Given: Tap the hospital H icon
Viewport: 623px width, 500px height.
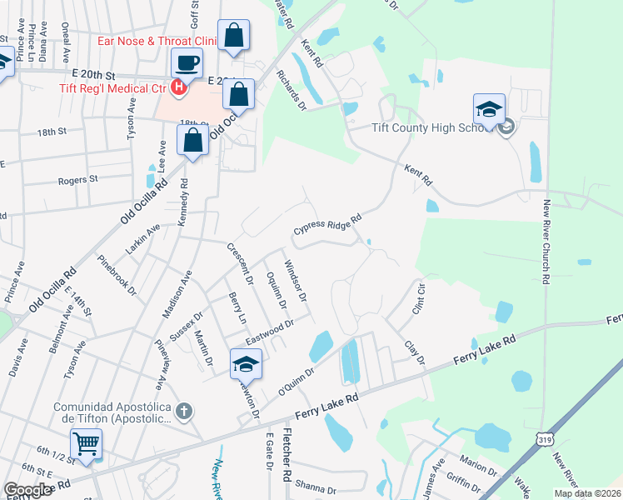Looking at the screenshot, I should click(x=178, y=87).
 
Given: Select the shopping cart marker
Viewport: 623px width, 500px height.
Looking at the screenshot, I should click(x=86, y=442).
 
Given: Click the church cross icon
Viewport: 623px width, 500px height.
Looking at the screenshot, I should click(x=184, y=411).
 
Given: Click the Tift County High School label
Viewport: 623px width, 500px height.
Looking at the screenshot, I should click(x=423, y=127).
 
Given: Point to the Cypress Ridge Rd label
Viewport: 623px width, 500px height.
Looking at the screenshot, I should click(x=328, y=225).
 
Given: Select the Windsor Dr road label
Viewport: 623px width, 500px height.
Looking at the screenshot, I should click(x=296, y=280).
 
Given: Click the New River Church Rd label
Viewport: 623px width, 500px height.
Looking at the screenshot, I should click(x=546, y=242).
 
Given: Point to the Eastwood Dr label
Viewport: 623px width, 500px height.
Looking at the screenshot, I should click(x=270, y=333).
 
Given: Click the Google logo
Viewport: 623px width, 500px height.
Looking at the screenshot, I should click(x=28, y=490).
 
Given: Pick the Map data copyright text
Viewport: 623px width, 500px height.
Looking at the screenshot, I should click(x=587, y=493).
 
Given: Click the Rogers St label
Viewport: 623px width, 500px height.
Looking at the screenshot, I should click(x=77, y=178).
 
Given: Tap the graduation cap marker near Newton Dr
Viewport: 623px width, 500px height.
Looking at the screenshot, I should click(x=247, y=364).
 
